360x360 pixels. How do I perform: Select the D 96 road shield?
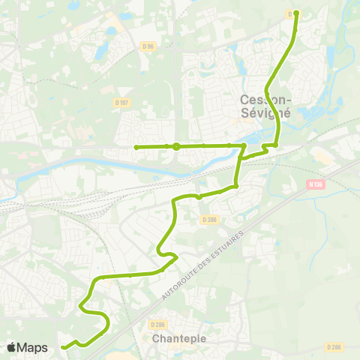click(x=149, y=46)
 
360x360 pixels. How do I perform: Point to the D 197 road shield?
click(x=122, y=102)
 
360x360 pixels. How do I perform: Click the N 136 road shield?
click(x=313, y=183)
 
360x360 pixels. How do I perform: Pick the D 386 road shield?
click(x=209, y=219)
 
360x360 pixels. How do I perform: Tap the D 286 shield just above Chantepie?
click(x=157, y=324)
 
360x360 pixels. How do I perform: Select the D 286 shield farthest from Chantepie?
click(x=334, y=347)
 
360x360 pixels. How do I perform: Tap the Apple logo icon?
click(x=11, y=347)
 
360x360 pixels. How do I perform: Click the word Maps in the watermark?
click(x=32, y=347)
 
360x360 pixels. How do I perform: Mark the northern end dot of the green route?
click(x=296, y=13)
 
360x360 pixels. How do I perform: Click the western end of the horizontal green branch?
click(x=136, y=147)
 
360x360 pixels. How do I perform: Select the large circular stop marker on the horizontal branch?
click(x=175, y=147)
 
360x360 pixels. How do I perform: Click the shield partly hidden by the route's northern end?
click(x=290, y=13)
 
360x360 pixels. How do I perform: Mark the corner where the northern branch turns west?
click(x=275, y=145)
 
